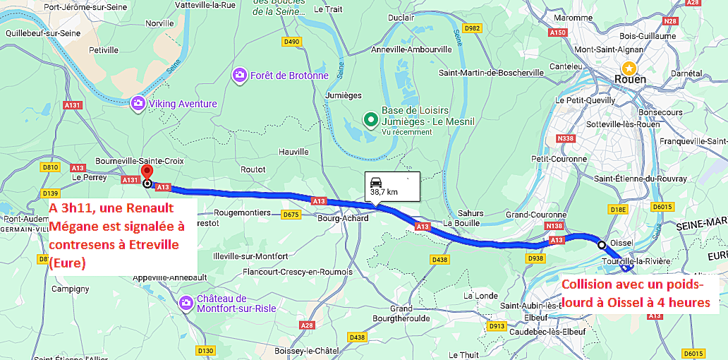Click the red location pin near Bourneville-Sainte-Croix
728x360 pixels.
pos(147,172)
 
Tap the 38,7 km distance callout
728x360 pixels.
pos(392,185)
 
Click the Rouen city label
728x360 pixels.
pos(630,79)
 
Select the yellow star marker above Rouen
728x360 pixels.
pos(627,66)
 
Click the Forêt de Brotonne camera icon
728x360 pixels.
pos(240,75)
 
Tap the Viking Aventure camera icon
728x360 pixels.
pos(138,104)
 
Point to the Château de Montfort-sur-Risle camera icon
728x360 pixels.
pos(186,303)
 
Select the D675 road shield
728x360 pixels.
pos(290,214)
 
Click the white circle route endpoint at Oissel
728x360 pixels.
pos(602,245)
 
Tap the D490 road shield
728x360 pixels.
pos(291,42)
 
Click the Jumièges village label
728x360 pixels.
pos(344,95)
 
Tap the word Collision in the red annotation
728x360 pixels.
pos(588,286)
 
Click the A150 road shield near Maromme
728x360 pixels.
pos(557,32)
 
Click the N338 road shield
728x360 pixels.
pos(565,139)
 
